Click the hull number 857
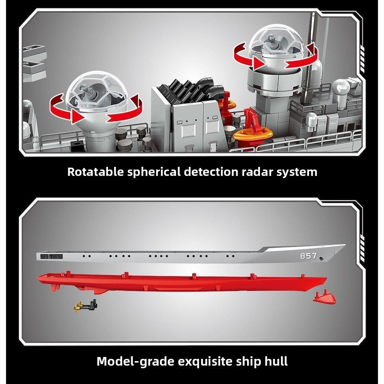click(x=309, y=256)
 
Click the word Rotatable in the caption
click(x=96, y=172)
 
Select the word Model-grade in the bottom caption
click(x=135, y=361)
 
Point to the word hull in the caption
click(x=276, y=361)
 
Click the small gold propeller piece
click(x=78, y=307)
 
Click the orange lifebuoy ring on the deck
click(x=252, y=134)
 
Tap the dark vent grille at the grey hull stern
click(x=51, y=256)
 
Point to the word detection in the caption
click(x=211, y=172)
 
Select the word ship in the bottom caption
click(x=248, y=362)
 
